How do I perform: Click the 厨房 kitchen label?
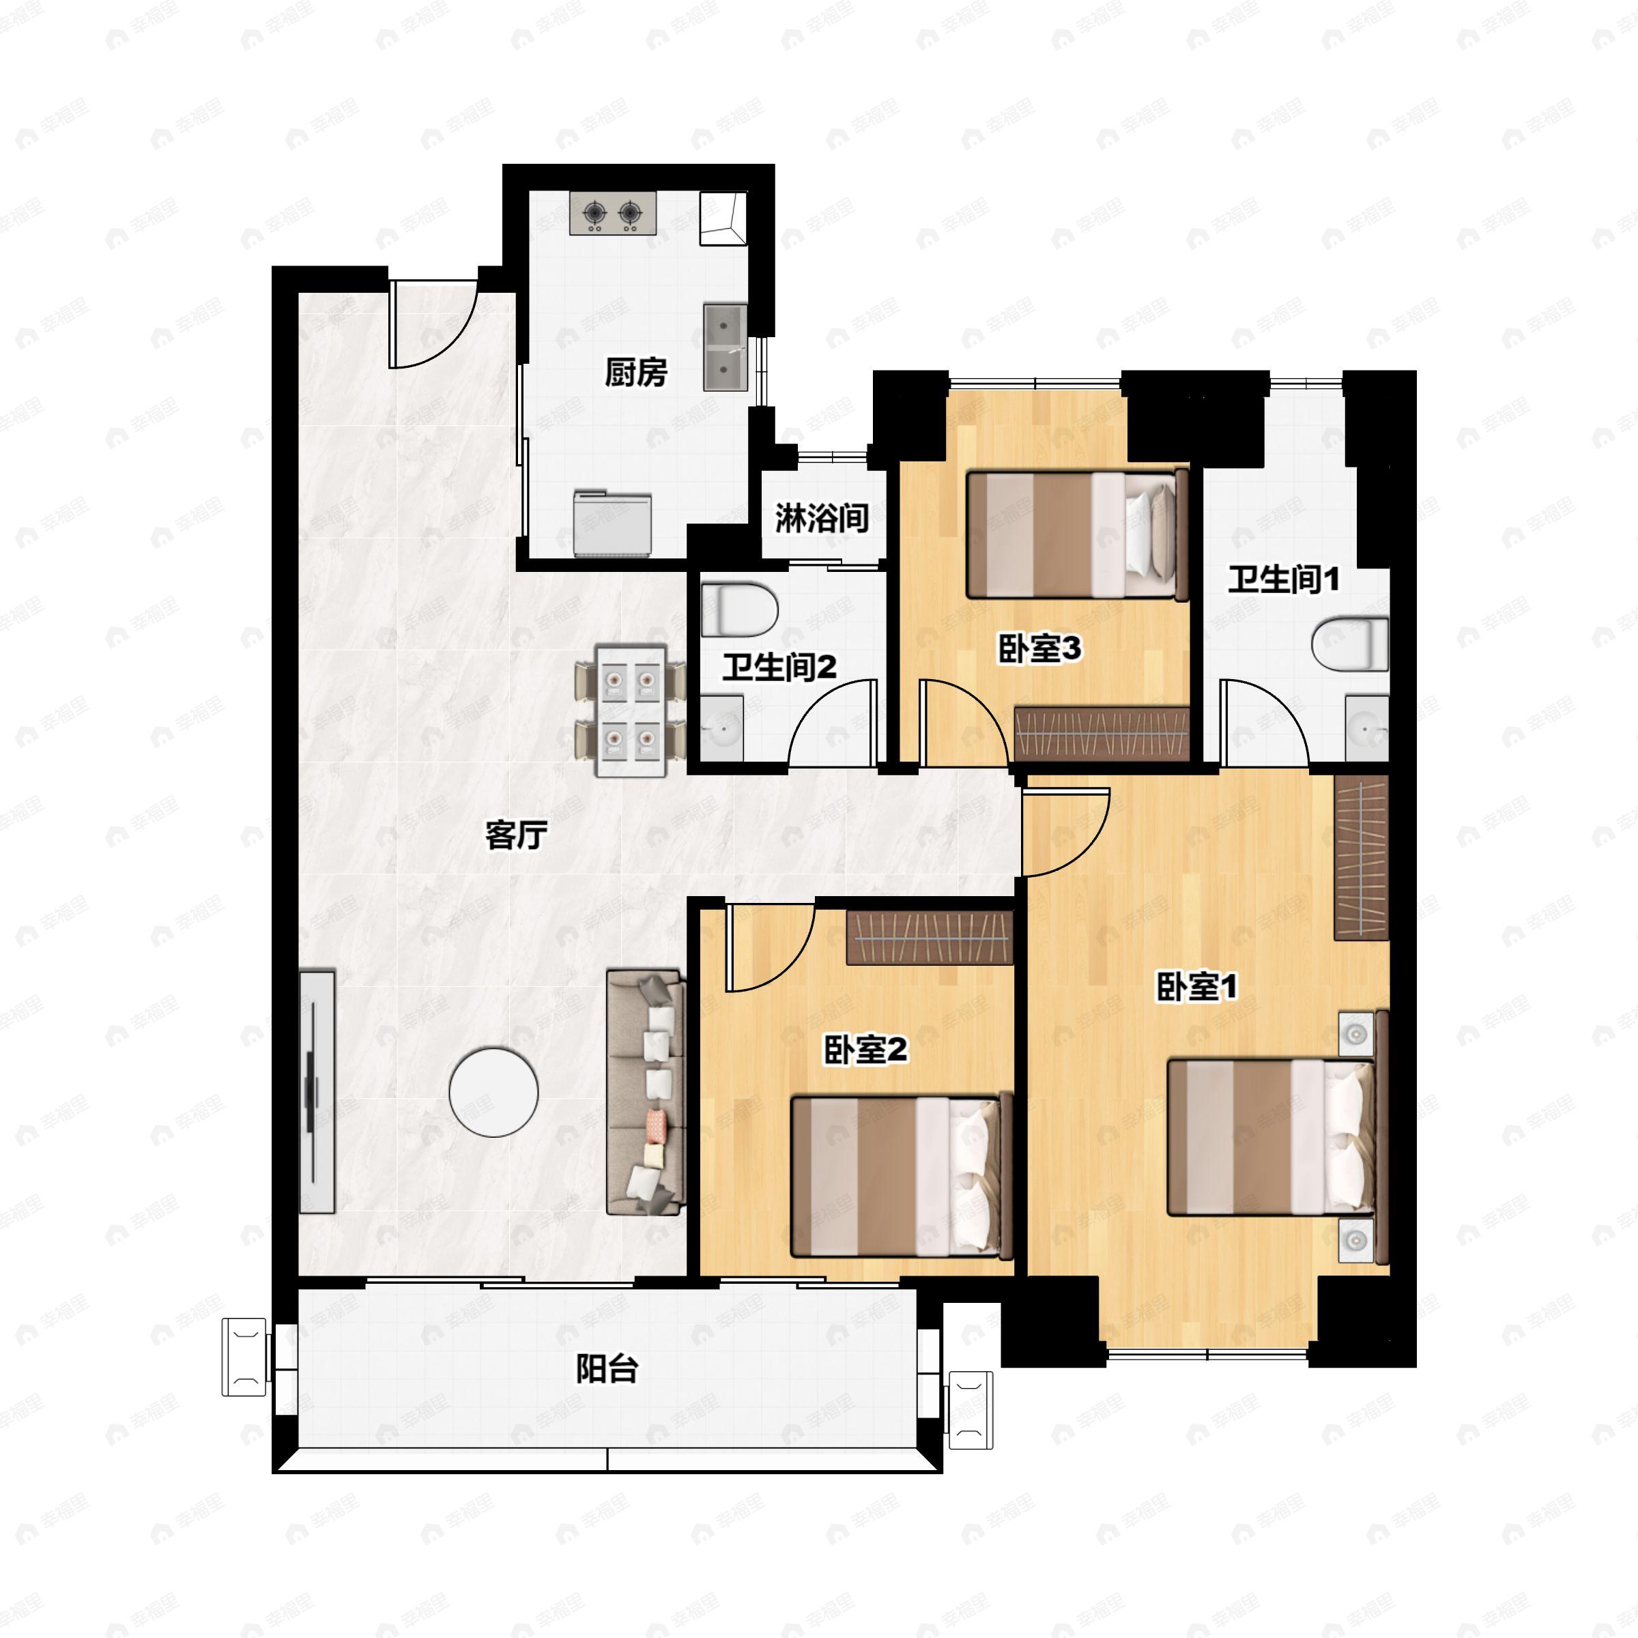(636, 371)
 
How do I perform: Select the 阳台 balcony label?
(607, 1368)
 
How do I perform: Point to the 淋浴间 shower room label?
(822, 518)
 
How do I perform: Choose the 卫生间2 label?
(779, 667)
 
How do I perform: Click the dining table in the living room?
(631, 710)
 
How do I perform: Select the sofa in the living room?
(645, 1093)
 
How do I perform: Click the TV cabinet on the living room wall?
(317, 1092)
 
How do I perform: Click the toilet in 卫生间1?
(1350, 644)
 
